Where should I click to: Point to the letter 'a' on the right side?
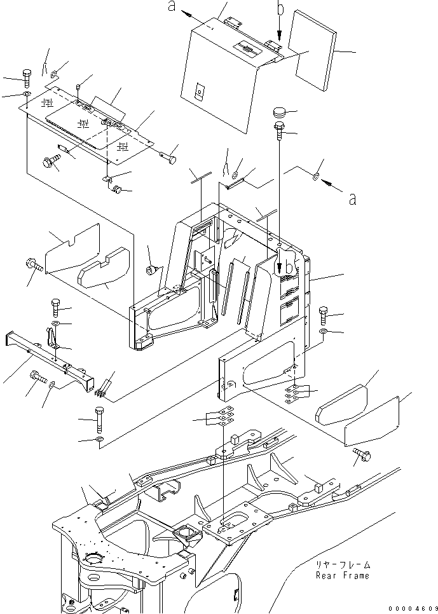point(352,198)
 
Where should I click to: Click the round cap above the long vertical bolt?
point(280,113)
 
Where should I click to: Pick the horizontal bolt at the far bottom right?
point(362,453)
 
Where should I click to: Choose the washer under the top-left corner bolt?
point(25,95)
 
